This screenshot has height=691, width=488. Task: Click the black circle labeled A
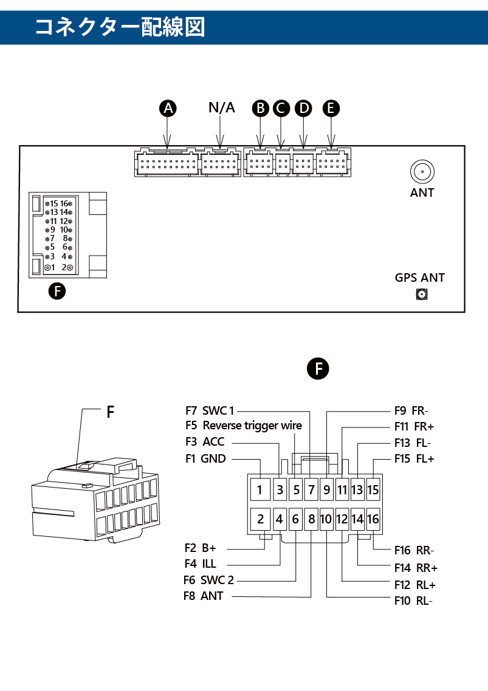click(x=168, y=109)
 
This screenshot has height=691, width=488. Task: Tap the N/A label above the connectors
click(x=221, y=107)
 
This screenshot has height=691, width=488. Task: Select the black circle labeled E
click(x=331, y=109)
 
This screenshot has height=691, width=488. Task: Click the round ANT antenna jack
click(x=422, y=171)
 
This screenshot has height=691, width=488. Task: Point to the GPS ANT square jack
click(x=422, y=294)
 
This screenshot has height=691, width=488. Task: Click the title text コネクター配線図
click(x=120, y=27)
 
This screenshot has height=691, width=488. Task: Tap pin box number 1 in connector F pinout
click(x=260, y=489)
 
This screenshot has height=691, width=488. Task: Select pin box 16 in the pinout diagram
click(x=373, y=519)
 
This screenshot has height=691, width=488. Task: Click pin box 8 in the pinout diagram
click(x=312, y=519)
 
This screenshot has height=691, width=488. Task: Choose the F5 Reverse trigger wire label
click(x=244, y=426)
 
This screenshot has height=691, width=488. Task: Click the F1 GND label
click(x=205, y=459)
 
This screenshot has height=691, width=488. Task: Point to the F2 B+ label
click(x=201, y=548)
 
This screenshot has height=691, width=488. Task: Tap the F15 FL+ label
click(x=414, y=459)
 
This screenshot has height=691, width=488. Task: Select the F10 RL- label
click(x=413, y=601)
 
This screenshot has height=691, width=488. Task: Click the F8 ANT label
click(x=204, y=596)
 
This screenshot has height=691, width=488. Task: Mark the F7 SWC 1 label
click(x=210, y=410)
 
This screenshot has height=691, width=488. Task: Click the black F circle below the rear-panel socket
click(x=57, y=291)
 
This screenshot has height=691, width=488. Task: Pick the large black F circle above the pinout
click(x=318, y=369)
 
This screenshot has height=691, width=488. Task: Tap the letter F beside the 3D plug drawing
click(x=111, y=412)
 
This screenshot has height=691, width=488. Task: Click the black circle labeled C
click(x=281, y=109)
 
